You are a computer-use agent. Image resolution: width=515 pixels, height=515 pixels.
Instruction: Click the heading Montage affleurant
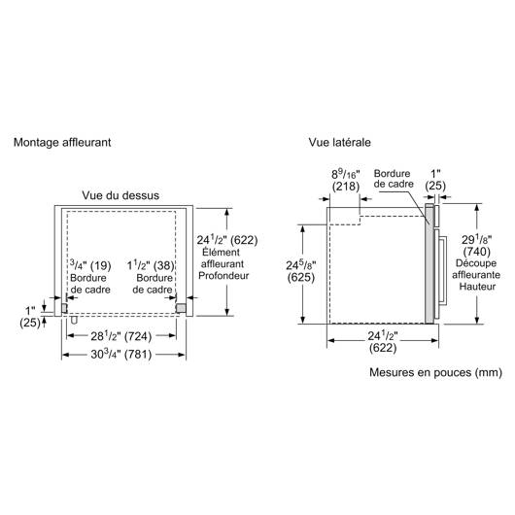click(x=62, y=143)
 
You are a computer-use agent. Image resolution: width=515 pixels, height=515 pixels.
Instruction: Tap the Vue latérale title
click(x=340, y=142)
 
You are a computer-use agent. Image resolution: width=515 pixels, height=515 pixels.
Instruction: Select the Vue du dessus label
click(x=120, y=195)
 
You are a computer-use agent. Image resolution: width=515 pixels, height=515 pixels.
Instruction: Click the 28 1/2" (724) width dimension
click(x=121, y=336)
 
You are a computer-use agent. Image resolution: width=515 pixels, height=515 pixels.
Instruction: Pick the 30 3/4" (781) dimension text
click(x=121, y=354)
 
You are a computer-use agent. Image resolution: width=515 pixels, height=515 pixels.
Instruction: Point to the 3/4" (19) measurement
click(x=90, y=265)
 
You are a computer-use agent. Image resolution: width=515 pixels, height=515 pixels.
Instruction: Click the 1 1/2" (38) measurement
click(x=151, y=265)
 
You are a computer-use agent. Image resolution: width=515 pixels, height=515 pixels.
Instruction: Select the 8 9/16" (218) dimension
click(x=346, y=180)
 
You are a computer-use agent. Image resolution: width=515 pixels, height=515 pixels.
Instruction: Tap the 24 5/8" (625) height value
click(x=301, y=271)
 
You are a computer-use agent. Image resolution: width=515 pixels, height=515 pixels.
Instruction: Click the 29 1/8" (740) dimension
click(x=476, y=245)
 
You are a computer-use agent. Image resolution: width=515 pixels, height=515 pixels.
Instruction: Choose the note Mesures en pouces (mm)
click(x=436, y=372)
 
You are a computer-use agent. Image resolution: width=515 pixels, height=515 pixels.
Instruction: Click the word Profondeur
click(x=223, y=276)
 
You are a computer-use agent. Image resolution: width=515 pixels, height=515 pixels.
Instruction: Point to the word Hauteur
click(x=477, y=287)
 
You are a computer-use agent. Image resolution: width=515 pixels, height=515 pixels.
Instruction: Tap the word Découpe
click(x=476, y=263)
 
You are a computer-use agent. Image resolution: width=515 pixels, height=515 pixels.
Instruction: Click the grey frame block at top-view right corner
click(x=181, y=308)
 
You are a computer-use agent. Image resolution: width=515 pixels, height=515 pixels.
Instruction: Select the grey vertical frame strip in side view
click(x=429, y=263)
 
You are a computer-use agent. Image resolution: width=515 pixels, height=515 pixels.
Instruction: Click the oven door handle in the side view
click(x=443, y=271)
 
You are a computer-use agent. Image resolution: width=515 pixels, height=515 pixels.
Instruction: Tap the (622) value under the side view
click(x=383, y=348)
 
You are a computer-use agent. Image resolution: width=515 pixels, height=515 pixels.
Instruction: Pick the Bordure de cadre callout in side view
click(x=394, y=179)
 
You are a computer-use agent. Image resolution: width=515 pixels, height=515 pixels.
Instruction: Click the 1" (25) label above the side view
click(x=435, y=180)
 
